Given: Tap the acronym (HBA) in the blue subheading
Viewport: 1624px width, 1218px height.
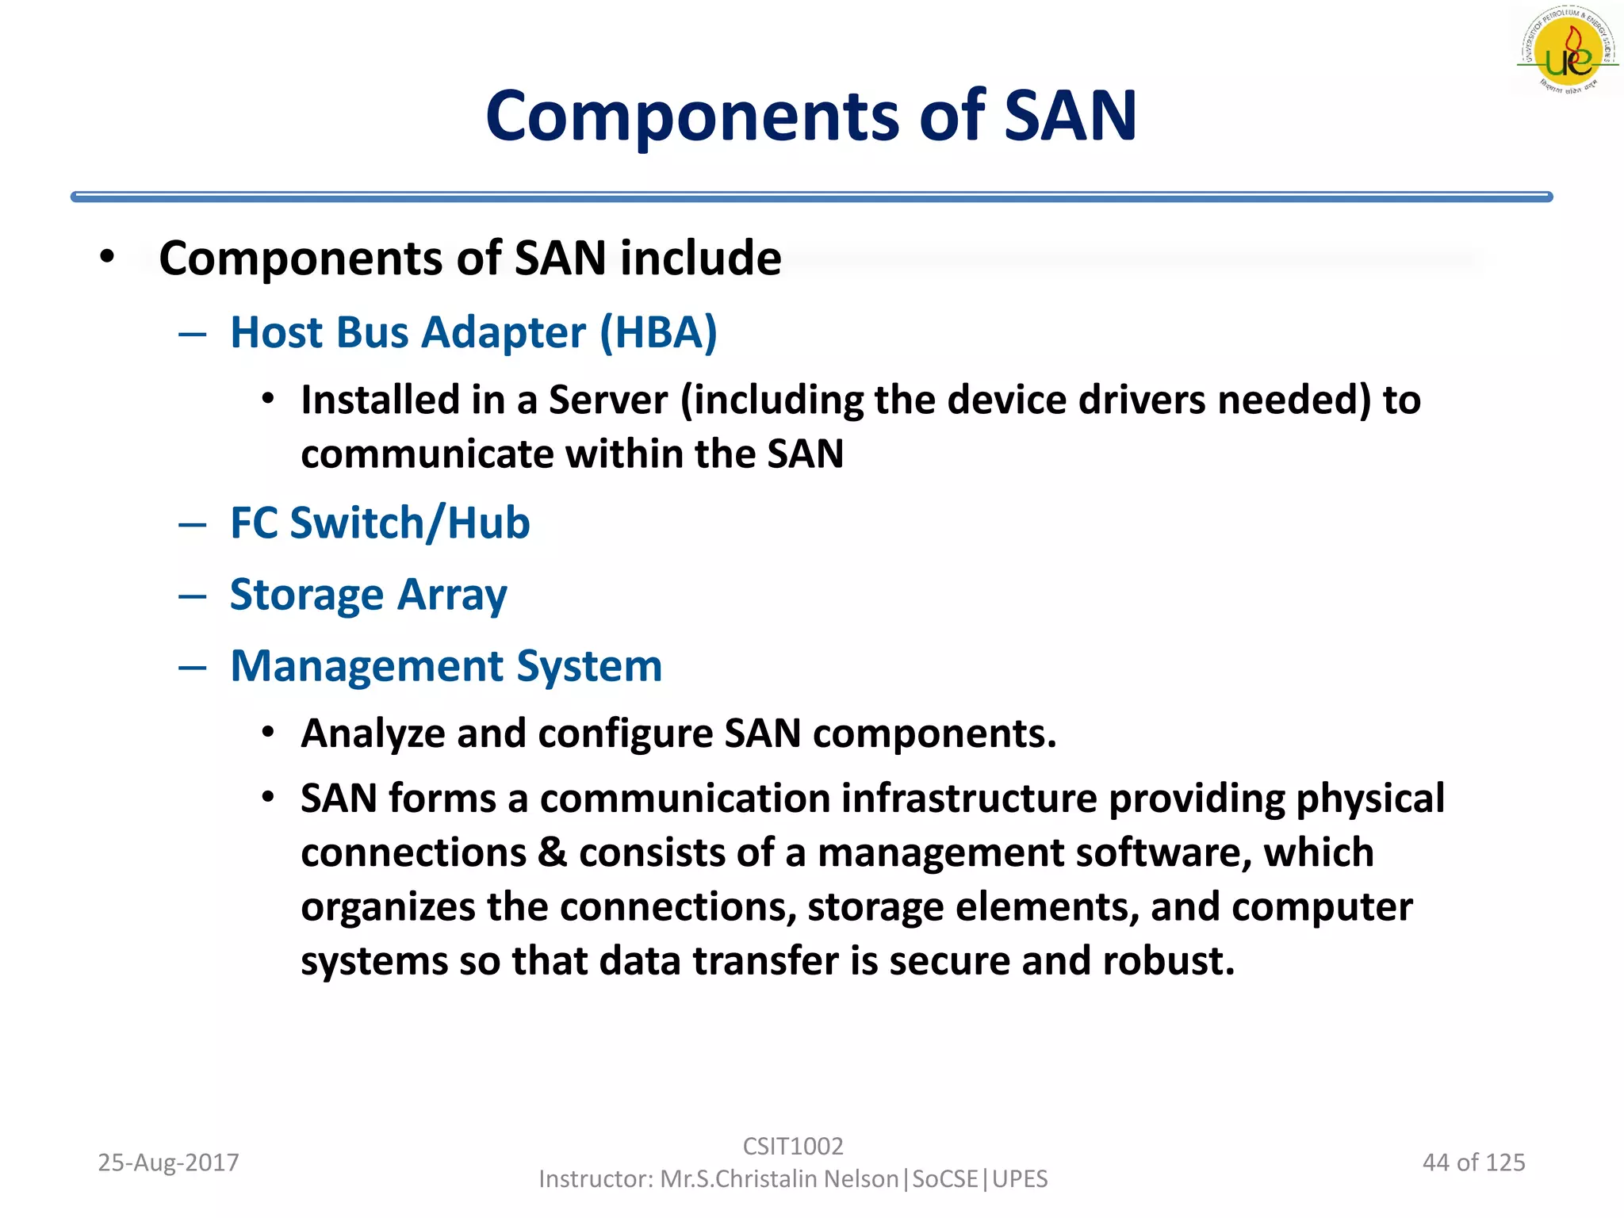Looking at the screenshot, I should click(658, 332).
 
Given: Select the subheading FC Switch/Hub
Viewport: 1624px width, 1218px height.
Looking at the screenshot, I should click(380, 523).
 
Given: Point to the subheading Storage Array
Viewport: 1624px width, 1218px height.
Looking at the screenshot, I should click(368, 595).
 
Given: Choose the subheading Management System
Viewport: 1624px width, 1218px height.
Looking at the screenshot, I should click(446, 666).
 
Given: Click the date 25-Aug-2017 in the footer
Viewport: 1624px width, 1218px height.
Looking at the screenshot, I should click(168, 1162).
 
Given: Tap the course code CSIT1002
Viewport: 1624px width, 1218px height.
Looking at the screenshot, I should click(793, 1146).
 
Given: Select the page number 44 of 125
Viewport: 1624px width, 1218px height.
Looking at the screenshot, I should click(1473, 1162).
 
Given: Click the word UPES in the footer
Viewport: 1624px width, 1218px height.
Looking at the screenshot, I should click(1020, 1179).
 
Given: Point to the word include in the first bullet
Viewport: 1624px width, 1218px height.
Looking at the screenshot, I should click(701, 259).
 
